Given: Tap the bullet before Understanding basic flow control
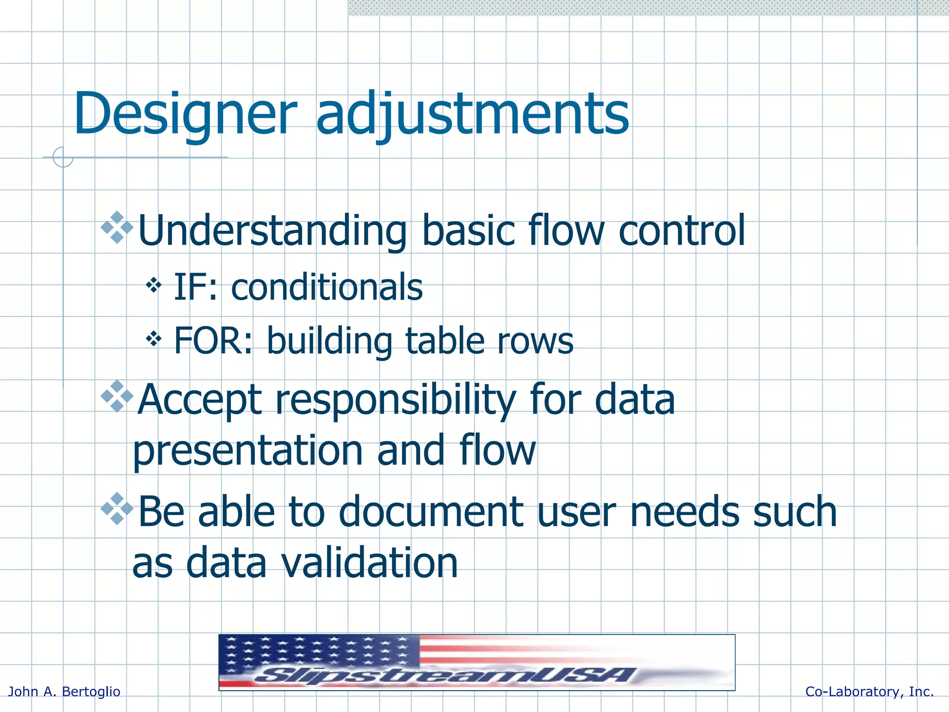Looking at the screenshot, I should tap(117, 227).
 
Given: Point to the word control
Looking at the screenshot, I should tap(682, 230).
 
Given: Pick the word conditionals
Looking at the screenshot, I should tap(327, 287).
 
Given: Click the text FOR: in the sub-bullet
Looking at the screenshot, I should tap(213, 341).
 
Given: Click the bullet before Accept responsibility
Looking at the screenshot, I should tap(117, 396).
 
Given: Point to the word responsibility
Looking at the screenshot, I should tap(396, 400).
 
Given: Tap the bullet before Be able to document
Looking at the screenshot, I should tap(117, 509).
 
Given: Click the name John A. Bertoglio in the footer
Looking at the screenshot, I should tap(64, 692).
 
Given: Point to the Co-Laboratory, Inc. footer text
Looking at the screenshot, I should tap(869, 692).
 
